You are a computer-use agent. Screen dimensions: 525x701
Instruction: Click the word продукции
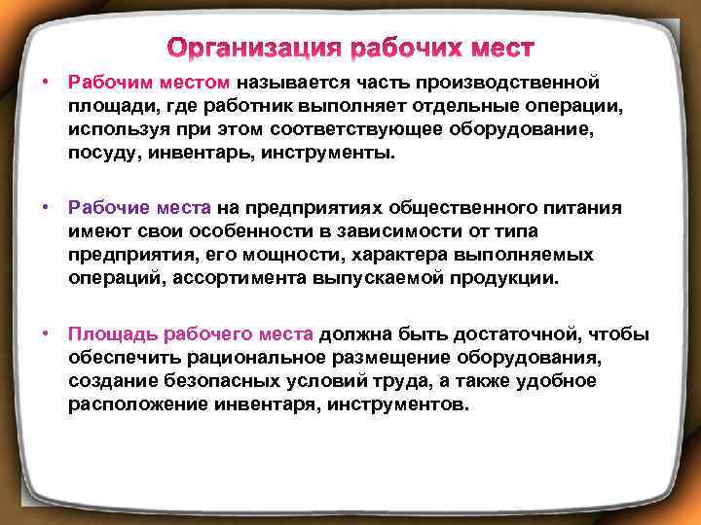click(x=508, y=277)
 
